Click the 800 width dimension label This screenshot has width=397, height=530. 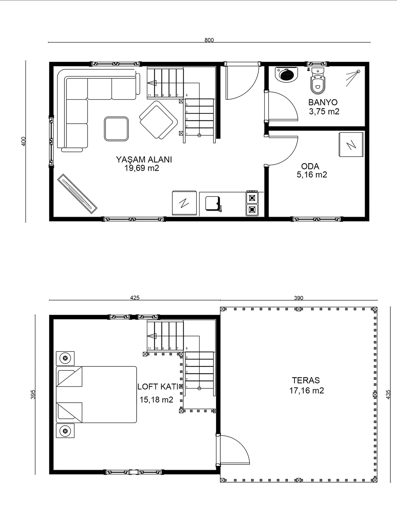[x=209, y=40]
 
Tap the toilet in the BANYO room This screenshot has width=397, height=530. [x=318, y=81]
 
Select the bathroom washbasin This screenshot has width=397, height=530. [x=287, y=74]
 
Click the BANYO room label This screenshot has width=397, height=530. [x=323, y=102]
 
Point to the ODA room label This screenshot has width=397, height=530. [x=310, y=166]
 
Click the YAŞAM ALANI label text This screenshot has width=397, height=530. [x=144, y=159]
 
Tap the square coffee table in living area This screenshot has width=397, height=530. [x=116, y=129]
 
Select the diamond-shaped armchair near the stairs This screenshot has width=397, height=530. [x=158, y=120]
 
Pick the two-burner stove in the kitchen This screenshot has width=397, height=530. [x=252, y=203]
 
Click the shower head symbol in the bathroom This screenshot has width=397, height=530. [x=353, y=78]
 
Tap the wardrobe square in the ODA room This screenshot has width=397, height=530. [x=351, y=144]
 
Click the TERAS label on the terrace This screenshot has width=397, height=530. [x=306, y=380]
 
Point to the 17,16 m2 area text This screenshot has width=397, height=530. [x=307, y=391]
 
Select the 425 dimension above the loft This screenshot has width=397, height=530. [x=135, y=298]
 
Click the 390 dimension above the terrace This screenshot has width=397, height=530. [x=298, y=298]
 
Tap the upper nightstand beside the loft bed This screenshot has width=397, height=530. [x=65, y=358]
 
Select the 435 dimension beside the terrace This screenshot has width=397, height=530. [x=388, y=394]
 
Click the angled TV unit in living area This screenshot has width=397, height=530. [x=77, y=194]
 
